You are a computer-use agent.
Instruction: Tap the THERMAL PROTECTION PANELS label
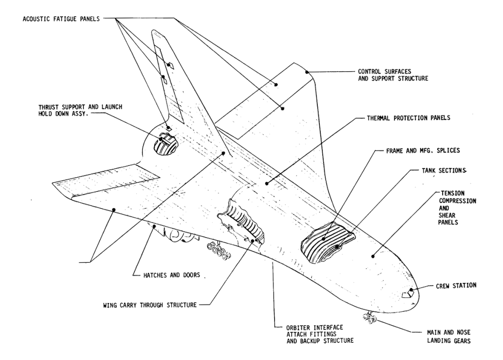409,118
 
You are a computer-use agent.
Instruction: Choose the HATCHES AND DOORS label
167,275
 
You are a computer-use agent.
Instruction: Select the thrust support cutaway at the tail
163,145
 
